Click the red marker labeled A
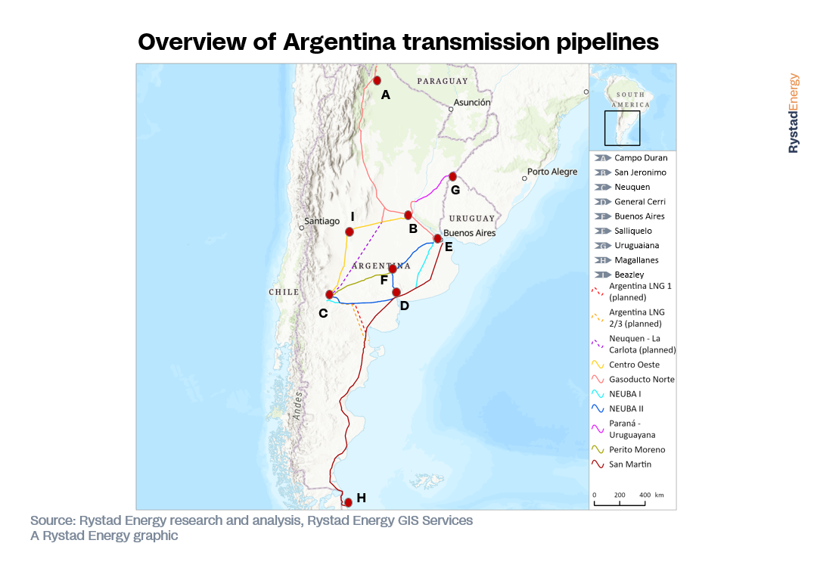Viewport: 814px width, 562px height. (x=377, y=80)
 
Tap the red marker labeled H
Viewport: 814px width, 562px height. (x=348, y=502)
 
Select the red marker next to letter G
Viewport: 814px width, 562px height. (x=452, y=176)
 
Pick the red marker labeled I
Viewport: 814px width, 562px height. (x=350, y=231)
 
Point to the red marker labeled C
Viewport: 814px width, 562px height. (x=329, y=294)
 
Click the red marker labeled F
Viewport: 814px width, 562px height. (x=392, y=269)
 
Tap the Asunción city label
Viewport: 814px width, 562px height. (x=472, y=102)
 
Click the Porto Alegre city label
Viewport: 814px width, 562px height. (x=552, y=172)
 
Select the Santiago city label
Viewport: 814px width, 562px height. (x=322, y=221)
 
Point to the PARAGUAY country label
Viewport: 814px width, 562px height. (x=443, y=80)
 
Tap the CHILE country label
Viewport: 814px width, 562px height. (x=284, y=292)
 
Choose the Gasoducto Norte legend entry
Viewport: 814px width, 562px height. (x=641, y=379)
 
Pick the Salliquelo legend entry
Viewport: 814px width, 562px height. (x=632, y=231)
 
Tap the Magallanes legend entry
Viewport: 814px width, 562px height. (x=635, y=260)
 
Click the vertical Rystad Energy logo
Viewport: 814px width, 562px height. (x=793, y=113)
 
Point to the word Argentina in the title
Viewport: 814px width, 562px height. (x=339, y=42)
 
